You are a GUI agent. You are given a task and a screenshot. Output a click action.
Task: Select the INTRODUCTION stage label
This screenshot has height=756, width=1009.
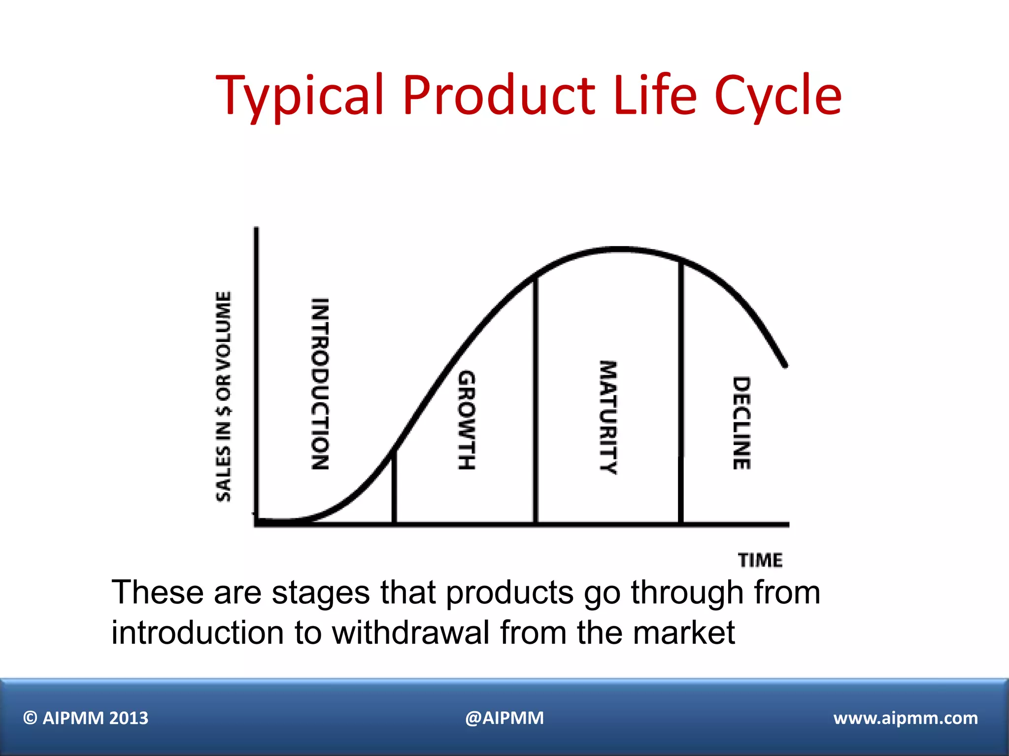pyautogui.click(x=320, y=384)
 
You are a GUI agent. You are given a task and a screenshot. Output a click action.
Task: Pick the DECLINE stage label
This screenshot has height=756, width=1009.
pyautogui.click(x=741, y=423)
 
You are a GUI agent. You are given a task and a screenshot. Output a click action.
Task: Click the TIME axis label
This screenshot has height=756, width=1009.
pyautogui.click(x=760, y=560)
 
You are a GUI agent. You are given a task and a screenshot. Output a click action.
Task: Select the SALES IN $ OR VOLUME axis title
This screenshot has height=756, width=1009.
pyautogui.click(x=224, y=396)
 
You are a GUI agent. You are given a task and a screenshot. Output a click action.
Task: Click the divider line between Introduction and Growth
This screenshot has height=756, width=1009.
pyautogui.click(x=394, y=487)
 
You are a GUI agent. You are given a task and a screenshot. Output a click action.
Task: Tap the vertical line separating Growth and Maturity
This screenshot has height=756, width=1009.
pyautogui.click(x=536, y=399)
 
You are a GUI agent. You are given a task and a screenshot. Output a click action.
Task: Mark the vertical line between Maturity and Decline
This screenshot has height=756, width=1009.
pyautogui.click(x=681, y=394)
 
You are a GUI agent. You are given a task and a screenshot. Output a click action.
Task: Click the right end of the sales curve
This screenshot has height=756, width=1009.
pyautogui.click(x=785, y=365)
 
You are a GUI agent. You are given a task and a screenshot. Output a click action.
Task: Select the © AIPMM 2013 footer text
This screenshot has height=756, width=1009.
pyautogui.click(x=86, y=718)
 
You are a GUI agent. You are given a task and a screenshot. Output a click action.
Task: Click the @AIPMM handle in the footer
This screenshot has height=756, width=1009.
pyautogui.click(x=504, y=718)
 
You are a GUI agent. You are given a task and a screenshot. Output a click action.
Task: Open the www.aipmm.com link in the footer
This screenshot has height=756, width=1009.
pyautogui.click(x=906, y=718)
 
